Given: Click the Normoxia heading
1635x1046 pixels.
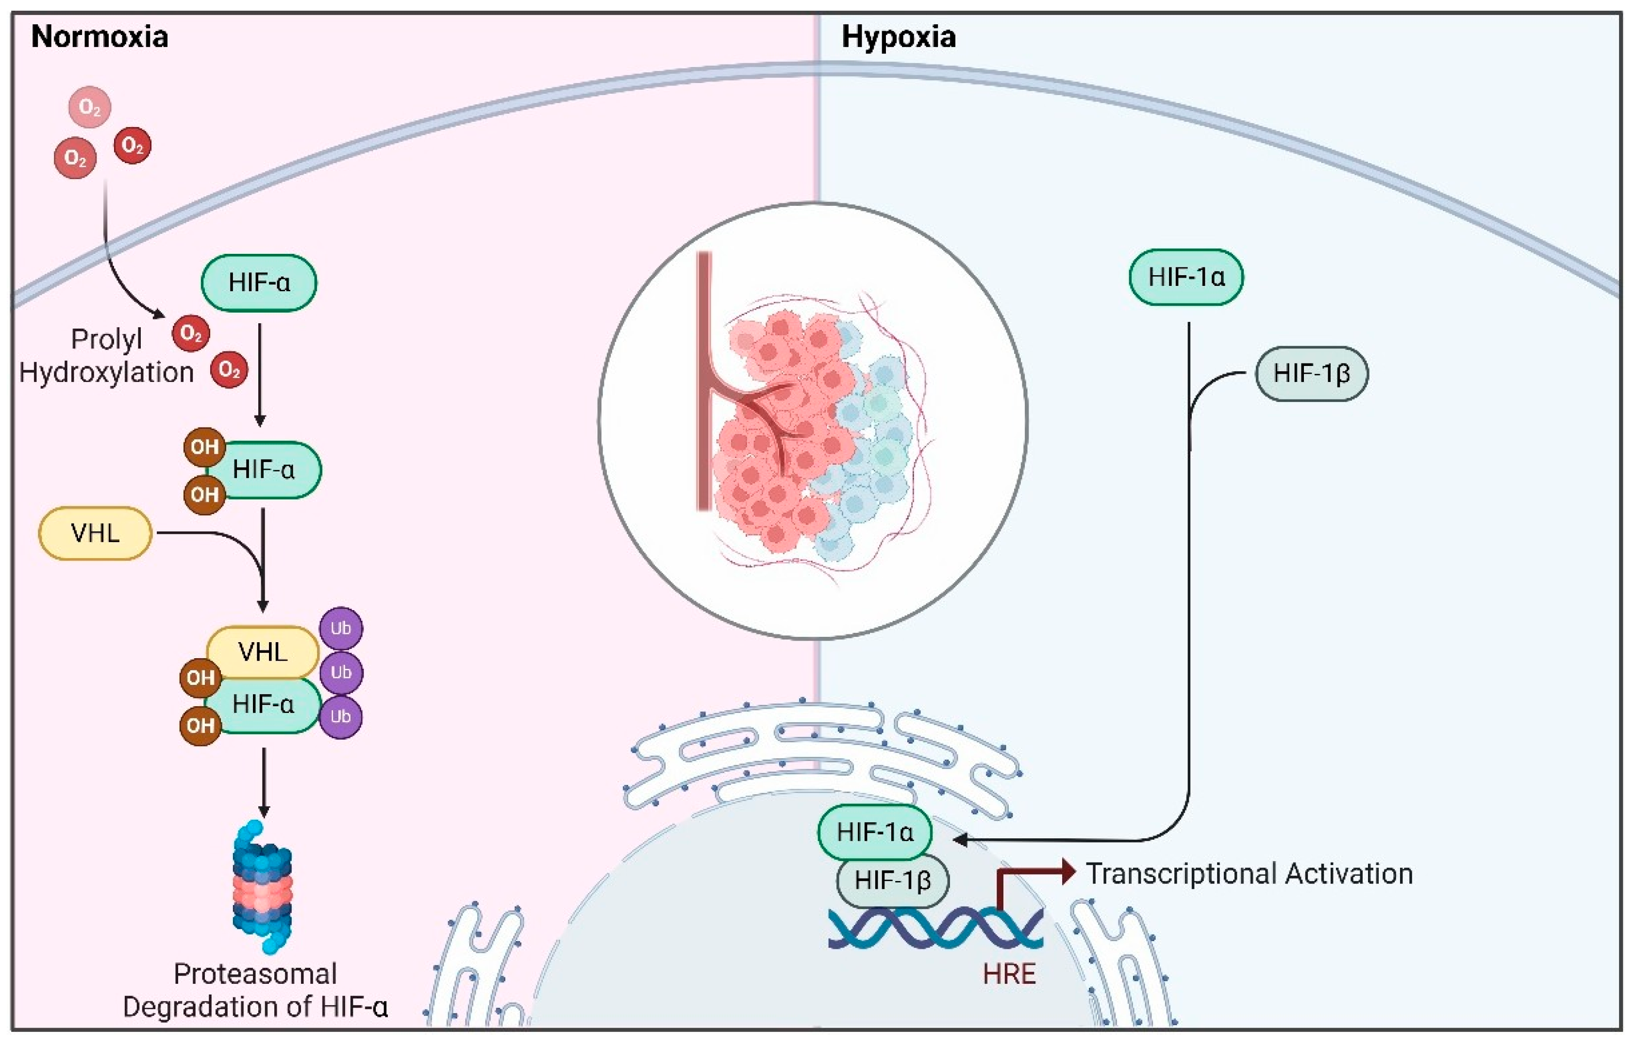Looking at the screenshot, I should [100, 37].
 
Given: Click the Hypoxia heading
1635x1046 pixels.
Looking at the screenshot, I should [898, 37].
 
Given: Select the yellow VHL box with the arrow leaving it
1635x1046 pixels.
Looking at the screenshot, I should [95, 533].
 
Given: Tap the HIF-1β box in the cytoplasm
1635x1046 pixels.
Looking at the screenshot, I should [1311, 373].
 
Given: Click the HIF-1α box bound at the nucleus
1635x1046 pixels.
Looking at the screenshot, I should [874, 832].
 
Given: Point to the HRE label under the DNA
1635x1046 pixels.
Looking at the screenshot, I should [1009, 973].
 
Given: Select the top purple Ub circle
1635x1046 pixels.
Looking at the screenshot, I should [340, 628].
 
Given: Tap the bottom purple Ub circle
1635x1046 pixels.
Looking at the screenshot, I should [340, 716].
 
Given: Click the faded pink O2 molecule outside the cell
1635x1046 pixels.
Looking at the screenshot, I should [90, 107].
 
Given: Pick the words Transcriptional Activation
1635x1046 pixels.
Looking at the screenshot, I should [1249, 874].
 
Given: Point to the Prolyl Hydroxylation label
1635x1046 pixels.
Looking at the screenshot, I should [107, 356].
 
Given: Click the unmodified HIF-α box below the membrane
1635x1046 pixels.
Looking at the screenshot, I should [259, 282].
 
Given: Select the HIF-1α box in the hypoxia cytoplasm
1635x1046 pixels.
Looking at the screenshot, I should [1186, 277].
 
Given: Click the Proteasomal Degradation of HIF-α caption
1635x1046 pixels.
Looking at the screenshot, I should [255, 990].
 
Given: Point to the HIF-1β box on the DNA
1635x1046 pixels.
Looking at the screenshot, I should [892, 881].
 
